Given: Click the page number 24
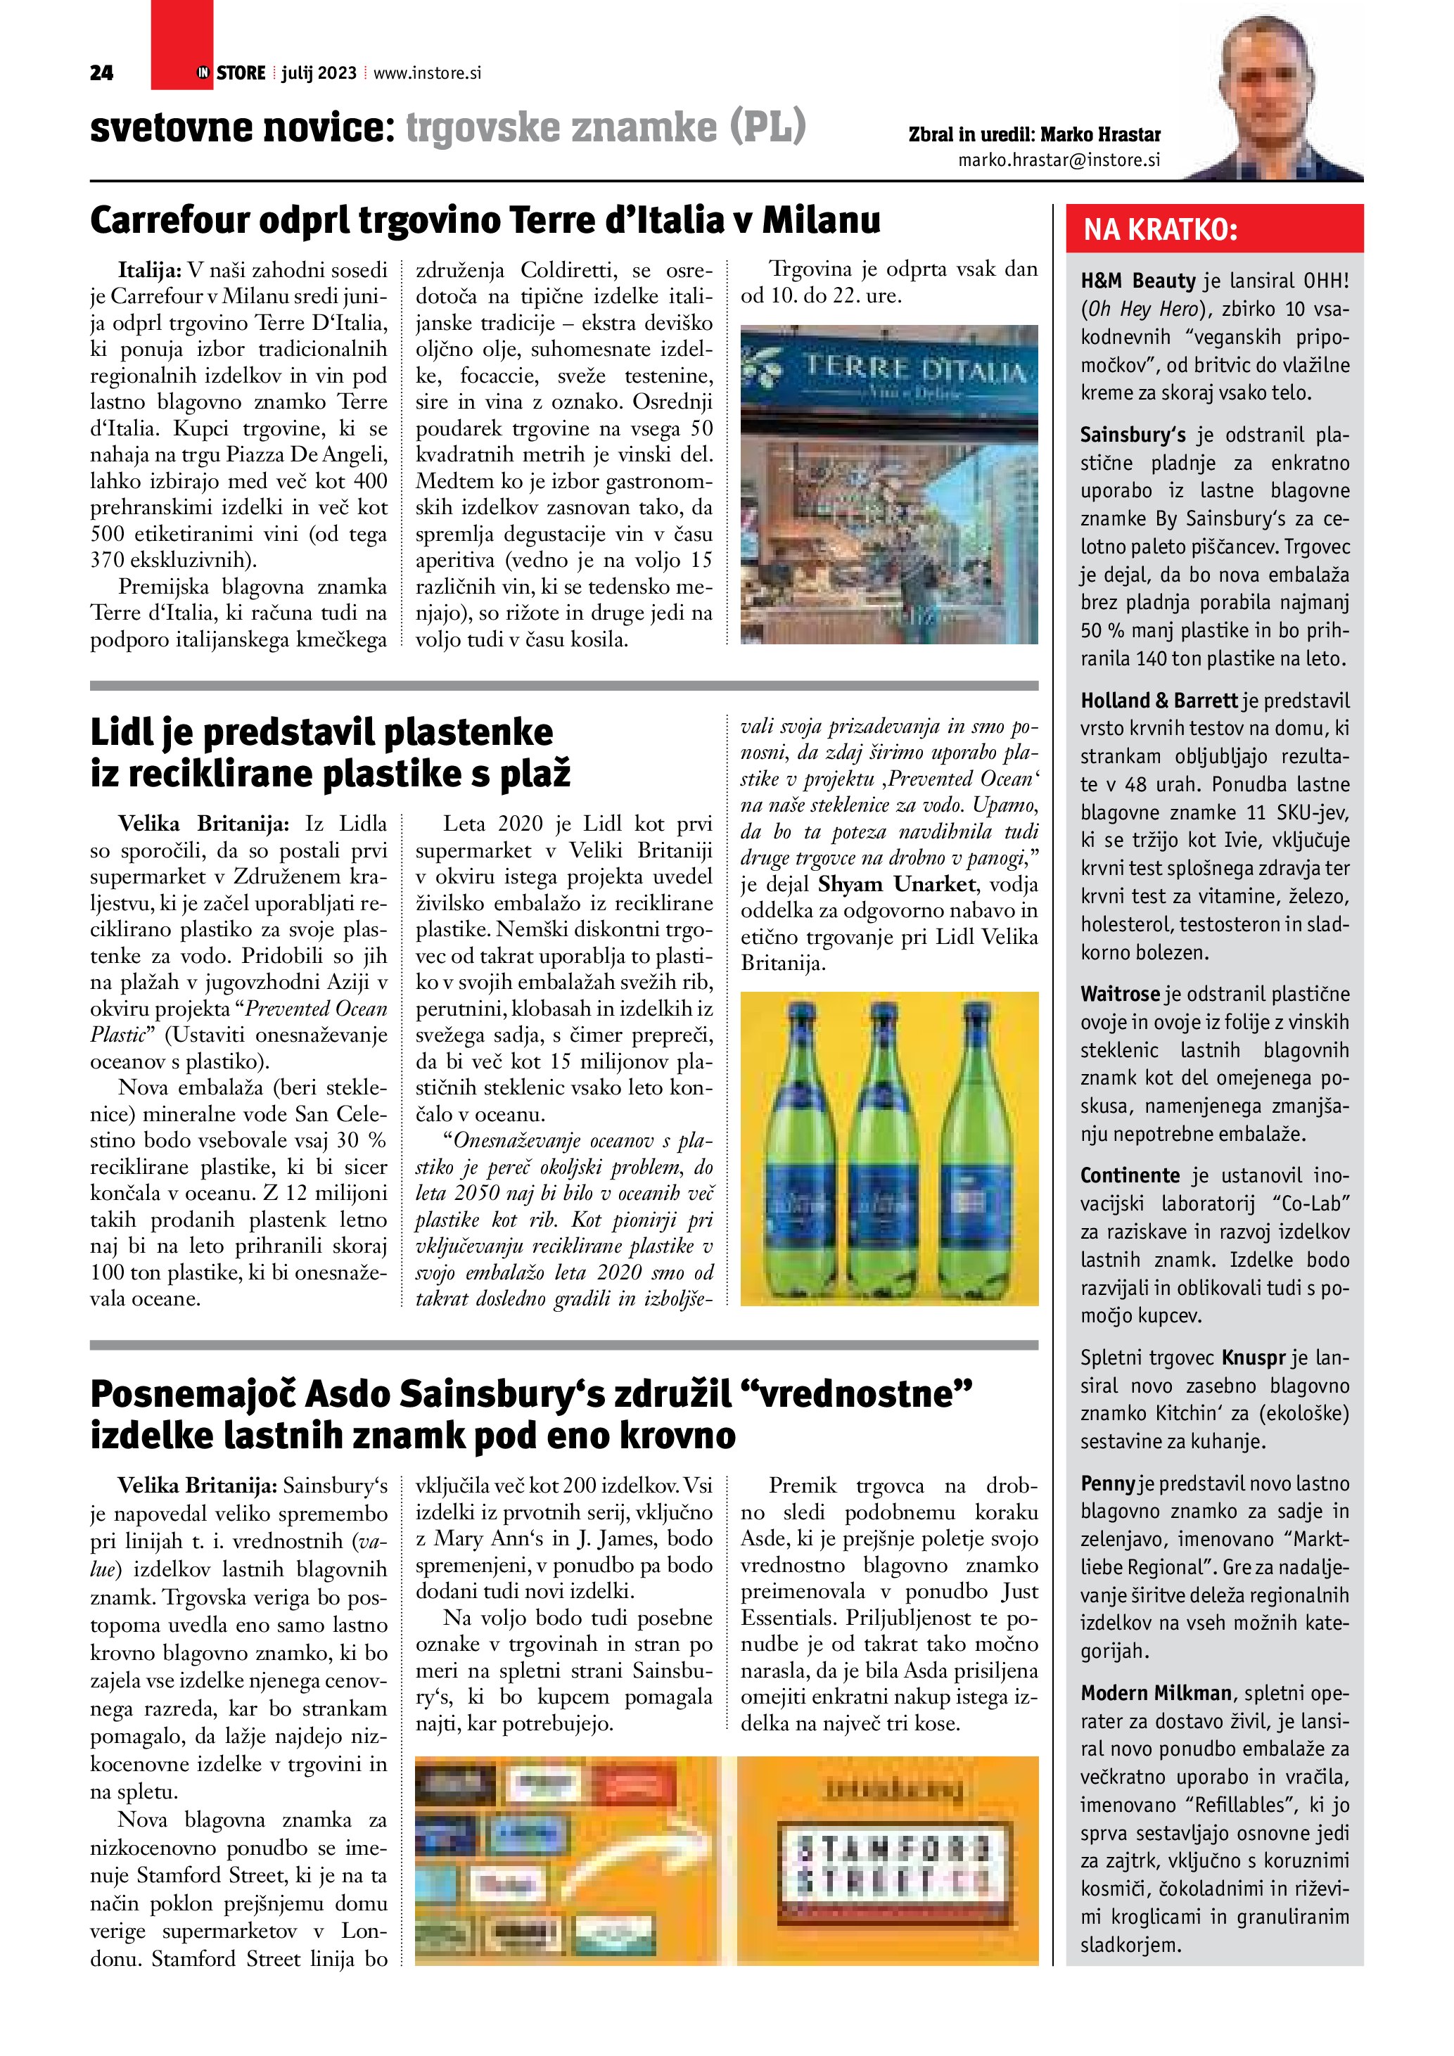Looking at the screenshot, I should (101, 73).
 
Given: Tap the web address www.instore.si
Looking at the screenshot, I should (427, 73).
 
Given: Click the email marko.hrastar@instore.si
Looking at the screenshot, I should (1059, 160).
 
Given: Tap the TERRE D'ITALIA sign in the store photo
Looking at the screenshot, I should (915, 370).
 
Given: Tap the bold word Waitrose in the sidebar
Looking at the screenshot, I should (1119, 994).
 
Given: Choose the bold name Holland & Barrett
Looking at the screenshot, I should (1159, 701).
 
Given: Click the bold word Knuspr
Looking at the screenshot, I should (1254, 1358).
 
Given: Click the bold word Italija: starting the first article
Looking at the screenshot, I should (151, 269).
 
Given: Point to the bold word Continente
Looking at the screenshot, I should (1130, 1176).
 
